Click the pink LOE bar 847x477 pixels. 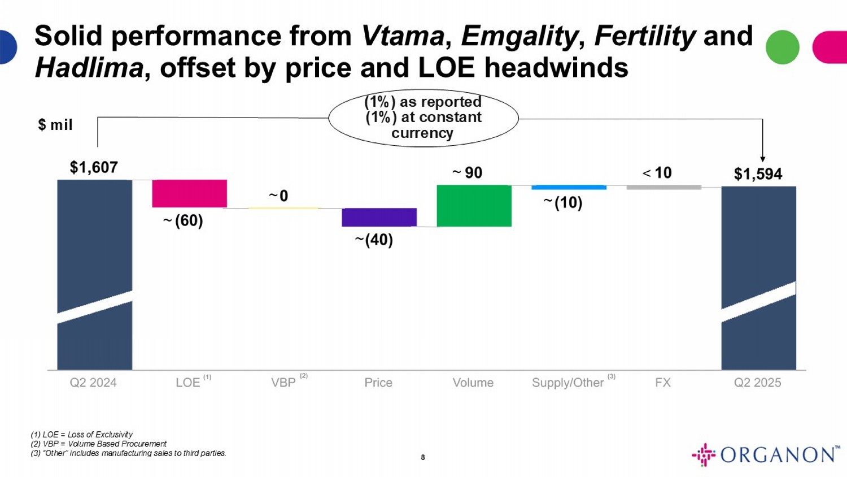189,193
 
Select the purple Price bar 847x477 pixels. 379,217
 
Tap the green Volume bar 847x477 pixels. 474,206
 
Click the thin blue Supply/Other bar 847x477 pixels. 569,187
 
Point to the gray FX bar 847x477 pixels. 663,187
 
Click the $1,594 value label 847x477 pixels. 758,174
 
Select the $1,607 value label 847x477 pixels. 94,167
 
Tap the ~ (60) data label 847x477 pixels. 183,220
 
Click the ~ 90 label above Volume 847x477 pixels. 468,173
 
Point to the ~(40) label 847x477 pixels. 374,240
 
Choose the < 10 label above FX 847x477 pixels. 657,173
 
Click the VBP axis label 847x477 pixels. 283,383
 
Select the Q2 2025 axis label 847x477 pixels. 757,383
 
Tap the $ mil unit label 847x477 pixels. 55,125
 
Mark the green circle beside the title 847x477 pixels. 782,47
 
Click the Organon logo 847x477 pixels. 765,454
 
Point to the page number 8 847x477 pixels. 423,457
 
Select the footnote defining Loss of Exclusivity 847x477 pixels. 82,435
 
